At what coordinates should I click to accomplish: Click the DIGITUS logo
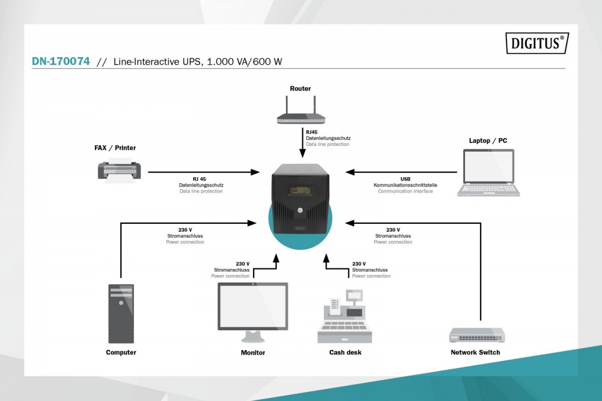pos(537,43)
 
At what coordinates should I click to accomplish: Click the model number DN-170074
pos(61,61)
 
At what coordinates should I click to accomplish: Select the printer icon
pos(119,170)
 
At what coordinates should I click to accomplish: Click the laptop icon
pos(488,173)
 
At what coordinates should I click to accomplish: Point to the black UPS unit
pos(300,198)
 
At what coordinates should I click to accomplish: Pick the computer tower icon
pos(121,313)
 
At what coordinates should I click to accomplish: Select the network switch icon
pos(477,335)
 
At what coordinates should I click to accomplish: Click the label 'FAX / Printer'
pos(115,148)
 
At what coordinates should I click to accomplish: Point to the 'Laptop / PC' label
pos(488,141)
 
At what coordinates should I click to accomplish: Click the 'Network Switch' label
pos(475,352)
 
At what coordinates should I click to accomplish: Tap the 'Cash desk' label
pos(345,352)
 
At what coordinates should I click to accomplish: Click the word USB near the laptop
pos(405,179)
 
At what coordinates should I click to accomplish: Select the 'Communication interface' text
pos(405,191)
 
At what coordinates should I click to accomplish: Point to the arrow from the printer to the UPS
pos(203,172)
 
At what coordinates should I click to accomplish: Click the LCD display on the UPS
pos(299,190)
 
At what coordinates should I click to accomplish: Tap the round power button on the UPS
pos(299,210)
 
